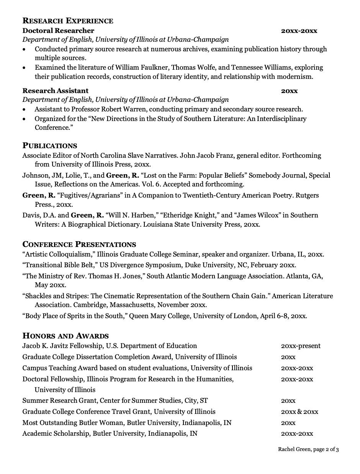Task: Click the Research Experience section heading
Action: [x=68, y=21]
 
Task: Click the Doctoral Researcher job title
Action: [x=58, y=31]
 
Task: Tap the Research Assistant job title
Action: [x=55, y=91]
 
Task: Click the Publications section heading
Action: [x=50, y=145]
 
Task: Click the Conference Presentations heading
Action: [x=79, y=244]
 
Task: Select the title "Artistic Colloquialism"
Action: [x=59, y=254]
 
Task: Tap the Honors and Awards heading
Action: [x=65, y=336]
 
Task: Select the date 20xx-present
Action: [x=301, y=346]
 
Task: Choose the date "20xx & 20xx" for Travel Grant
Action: [x=299, y=412]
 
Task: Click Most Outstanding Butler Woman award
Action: [x=73, y=423]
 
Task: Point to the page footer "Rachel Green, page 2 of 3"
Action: [x=308, y=449]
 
